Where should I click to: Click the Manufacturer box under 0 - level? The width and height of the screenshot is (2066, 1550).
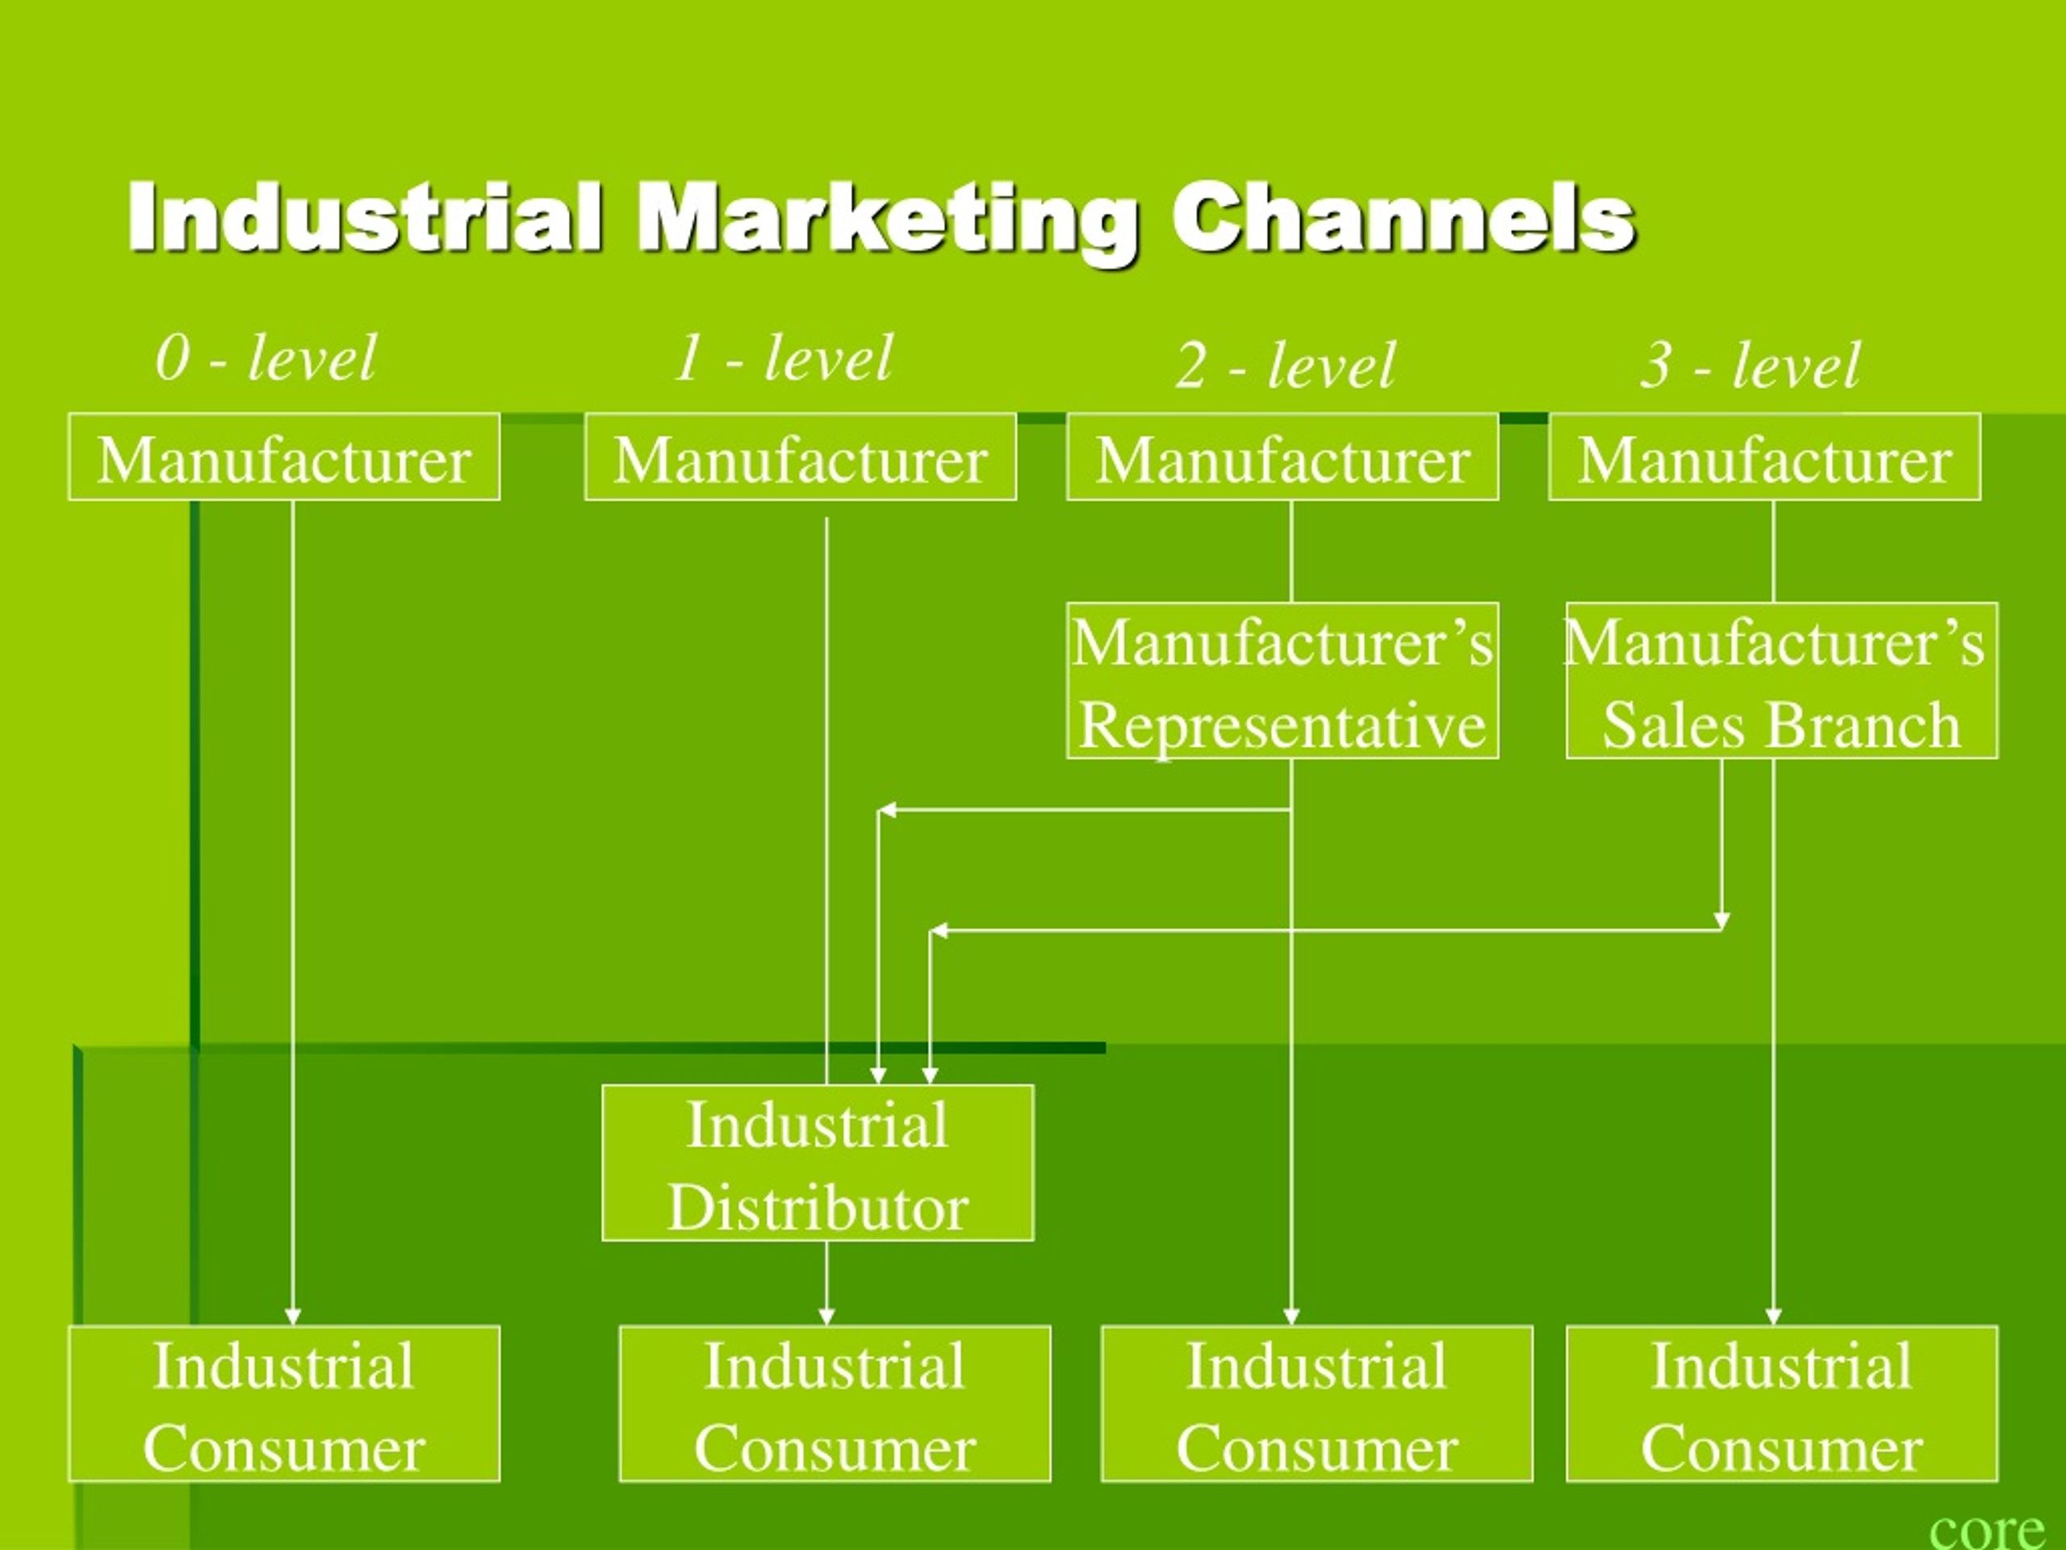[284, 457]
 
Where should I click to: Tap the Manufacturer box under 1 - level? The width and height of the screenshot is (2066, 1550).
[801, 457]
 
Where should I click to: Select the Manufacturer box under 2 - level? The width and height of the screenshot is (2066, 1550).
[1282, 457]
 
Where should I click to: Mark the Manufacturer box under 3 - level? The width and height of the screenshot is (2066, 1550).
[1764, 457]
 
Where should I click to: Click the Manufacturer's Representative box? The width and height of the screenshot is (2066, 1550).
[1282, 681]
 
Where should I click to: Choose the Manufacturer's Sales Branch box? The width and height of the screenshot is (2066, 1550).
[1782, 681]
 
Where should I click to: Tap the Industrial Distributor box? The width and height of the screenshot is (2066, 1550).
[818, 1163]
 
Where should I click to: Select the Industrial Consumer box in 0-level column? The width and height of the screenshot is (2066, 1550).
[284, 1404]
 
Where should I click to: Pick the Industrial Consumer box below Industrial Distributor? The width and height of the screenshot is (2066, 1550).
[835, 1404]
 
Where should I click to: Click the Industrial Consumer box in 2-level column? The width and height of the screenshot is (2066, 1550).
[1317, 1404]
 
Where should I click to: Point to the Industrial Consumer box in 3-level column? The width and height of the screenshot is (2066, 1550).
[1782, 1404]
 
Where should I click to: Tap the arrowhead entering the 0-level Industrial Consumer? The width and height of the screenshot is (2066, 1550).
[292, 1317]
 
